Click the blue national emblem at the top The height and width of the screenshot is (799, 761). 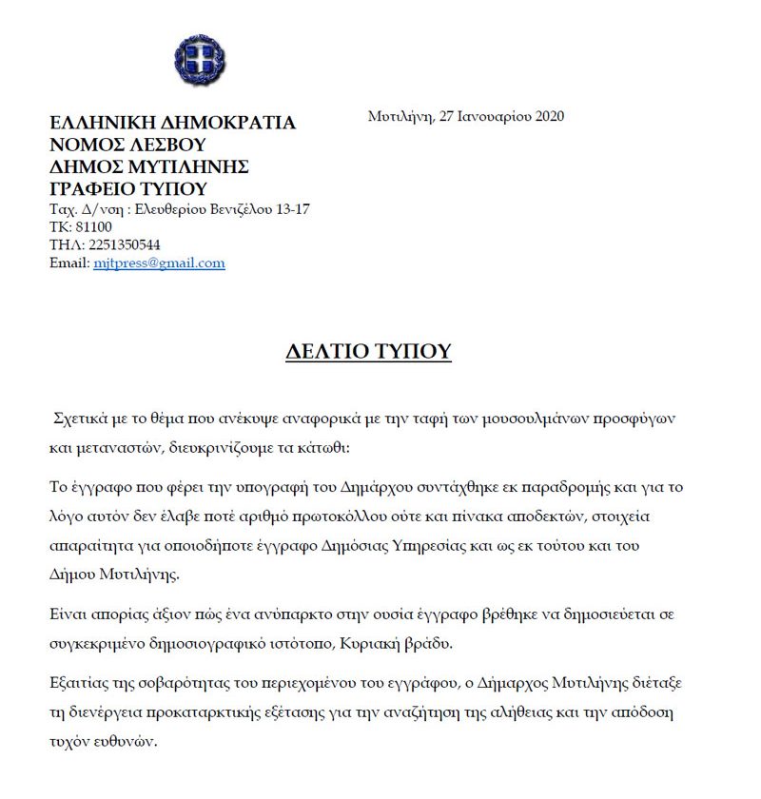200,59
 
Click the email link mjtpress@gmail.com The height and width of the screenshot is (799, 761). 159,263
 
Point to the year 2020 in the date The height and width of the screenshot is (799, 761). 550,117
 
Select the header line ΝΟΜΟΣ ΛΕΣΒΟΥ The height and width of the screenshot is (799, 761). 127,145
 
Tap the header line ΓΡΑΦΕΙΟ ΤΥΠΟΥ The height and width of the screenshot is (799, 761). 127,187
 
